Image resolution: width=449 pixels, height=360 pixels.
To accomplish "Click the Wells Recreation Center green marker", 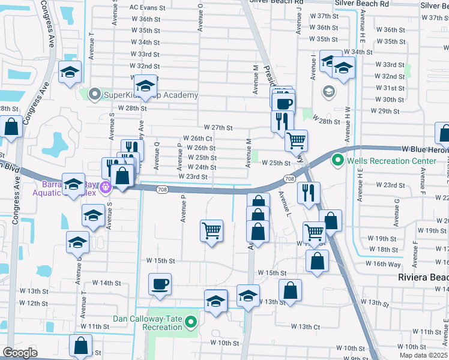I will (x=338, y=161).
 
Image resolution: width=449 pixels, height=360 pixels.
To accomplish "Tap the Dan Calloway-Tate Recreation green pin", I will (x=191, y=323).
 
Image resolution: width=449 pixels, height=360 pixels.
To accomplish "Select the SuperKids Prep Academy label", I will (x=151, y=95).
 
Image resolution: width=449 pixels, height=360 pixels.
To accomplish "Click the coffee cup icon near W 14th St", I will (x=160, y=284).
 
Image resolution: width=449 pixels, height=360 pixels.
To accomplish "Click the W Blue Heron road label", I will (x=425, y=148).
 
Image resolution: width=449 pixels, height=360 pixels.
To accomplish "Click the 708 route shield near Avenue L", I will (x=289, y=179).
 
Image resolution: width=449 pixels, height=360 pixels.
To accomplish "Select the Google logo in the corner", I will (x=20, y=353).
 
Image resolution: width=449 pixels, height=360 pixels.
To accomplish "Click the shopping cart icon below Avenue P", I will (x=211, y=231).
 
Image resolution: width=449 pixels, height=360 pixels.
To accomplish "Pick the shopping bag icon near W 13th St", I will (x=290, y=290).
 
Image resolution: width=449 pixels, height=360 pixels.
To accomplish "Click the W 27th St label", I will (x=218, y=128).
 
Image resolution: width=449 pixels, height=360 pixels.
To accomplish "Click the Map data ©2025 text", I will (x=423, y=356).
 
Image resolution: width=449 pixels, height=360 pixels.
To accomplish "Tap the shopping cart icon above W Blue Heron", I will (x=296, y=141).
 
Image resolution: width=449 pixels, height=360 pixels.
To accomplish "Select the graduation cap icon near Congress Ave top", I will (x=70, y=73).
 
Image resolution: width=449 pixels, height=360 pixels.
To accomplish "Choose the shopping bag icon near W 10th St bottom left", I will (x=80, y=346).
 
